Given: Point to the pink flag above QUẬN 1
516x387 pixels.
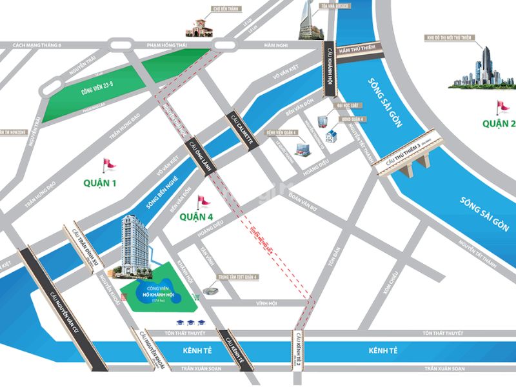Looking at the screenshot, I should point(110,164).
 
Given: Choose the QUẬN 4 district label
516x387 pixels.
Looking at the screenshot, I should point(196,216).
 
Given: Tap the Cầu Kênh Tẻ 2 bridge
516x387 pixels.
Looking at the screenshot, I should point(297,352).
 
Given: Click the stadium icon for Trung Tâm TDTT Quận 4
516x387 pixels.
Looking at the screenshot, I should point(211,292).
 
